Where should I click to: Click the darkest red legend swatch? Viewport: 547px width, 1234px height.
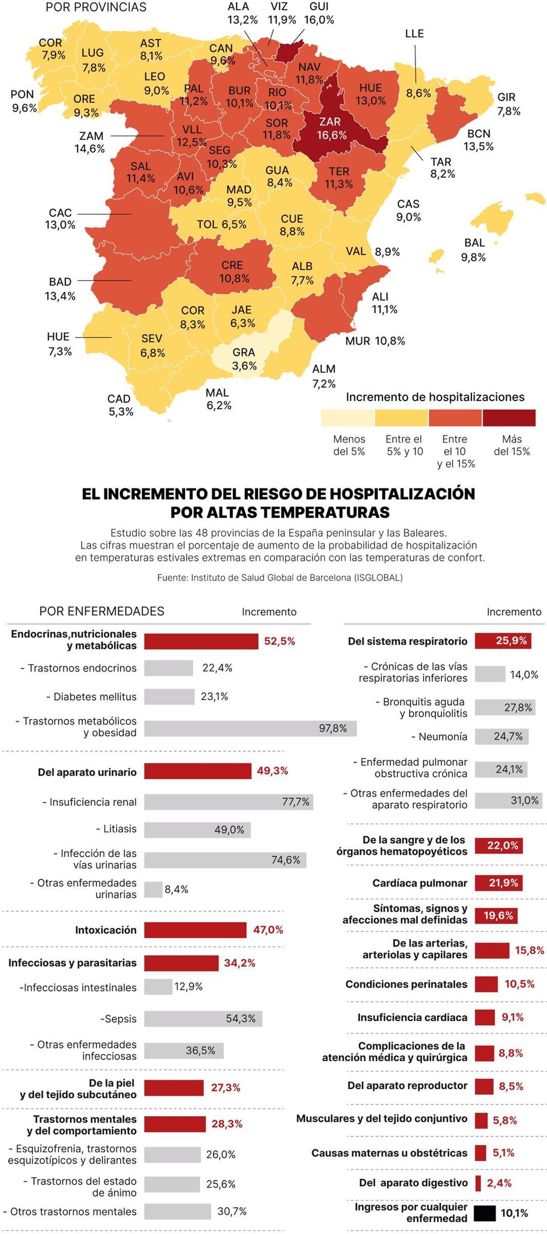[509, 418]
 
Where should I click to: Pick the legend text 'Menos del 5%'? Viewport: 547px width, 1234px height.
[349, 445]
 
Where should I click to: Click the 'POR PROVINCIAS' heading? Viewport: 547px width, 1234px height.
[96, 8]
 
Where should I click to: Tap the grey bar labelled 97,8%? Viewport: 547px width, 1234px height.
[250, 728]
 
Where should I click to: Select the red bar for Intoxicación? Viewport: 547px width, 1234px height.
[195, 930]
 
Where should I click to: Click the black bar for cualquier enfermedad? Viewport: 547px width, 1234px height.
[484, 1213]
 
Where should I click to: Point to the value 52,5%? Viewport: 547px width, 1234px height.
[279, 641]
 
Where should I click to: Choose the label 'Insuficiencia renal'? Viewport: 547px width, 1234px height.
[93, 802]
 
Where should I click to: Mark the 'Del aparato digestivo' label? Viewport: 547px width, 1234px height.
[413, 1183]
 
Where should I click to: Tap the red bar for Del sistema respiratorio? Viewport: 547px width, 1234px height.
[503, 640]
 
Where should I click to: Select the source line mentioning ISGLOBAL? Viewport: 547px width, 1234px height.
[280, 578]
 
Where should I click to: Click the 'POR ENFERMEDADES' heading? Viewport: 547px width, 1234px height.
[102, 611]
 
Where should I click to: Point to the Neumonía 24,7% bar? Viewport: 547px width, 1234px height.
[501, 736]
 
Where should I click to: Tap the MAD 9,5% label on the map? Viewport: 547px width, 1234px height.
[239, 196]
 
